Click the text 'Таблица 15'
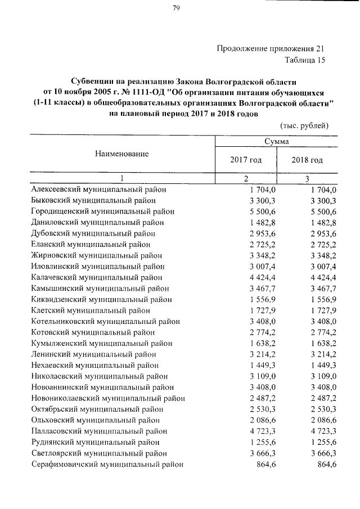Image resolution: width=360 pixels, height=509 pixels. click(x=305, y=59)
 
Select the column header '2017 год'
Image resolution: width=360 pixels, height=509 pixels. click(x=246, y=160)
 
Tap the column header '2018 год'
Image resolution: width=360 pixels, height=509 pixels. click(x=307, y=160)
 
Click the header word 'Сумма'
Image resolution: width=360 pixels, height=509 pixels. click(x=276, y=143)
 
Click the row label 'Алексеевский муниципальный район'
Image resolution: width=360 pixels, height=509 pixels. click(x=98, y=190)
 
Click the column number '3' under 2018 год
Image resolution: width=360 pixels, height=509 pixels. click(x=307, y=179)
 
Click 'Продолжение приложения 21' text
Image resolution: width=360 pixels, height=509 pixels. click(x=271, y=48)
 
